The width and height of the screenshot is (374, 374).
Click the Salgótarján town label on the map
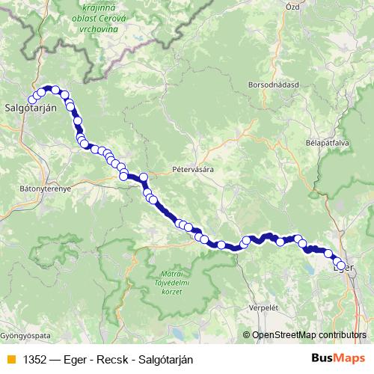coord(31,108)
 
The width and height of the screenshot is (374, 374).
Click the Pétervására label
coord(192,170)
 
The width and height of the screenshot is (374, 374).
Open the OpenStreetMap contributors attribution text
coord(308,334)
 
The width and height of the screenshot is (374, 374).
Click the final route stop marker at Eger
coord(342,266)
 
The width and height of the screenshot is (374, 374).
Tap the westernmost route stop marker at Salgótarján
coord(32,100)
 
